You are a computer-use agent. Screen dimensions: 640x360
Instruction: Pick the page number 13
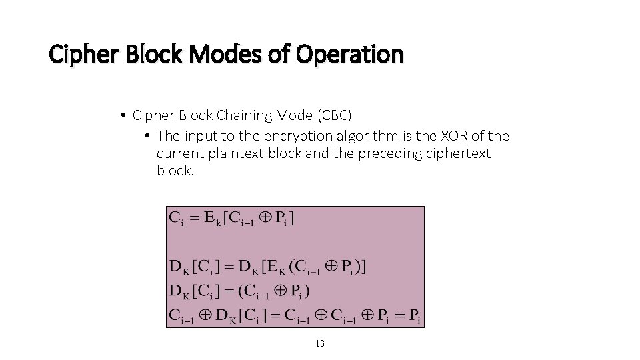pyautogui.click(x=319, y=344)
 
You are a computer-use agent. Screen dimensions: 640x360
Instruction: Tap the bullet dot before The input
pyautogui.click(x=147, y=136)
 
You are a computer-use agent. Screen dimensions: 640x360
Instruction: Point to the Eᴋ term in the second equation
pyautogui.click(x=274, y=267)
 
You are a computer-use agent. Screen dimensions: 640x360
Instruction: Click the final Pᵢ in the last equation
pyautogui.click(x=415, y=315)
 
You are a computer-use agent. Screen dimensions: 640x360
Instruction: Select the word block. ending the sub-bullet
pyautogui.click(x=175, y=171)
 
